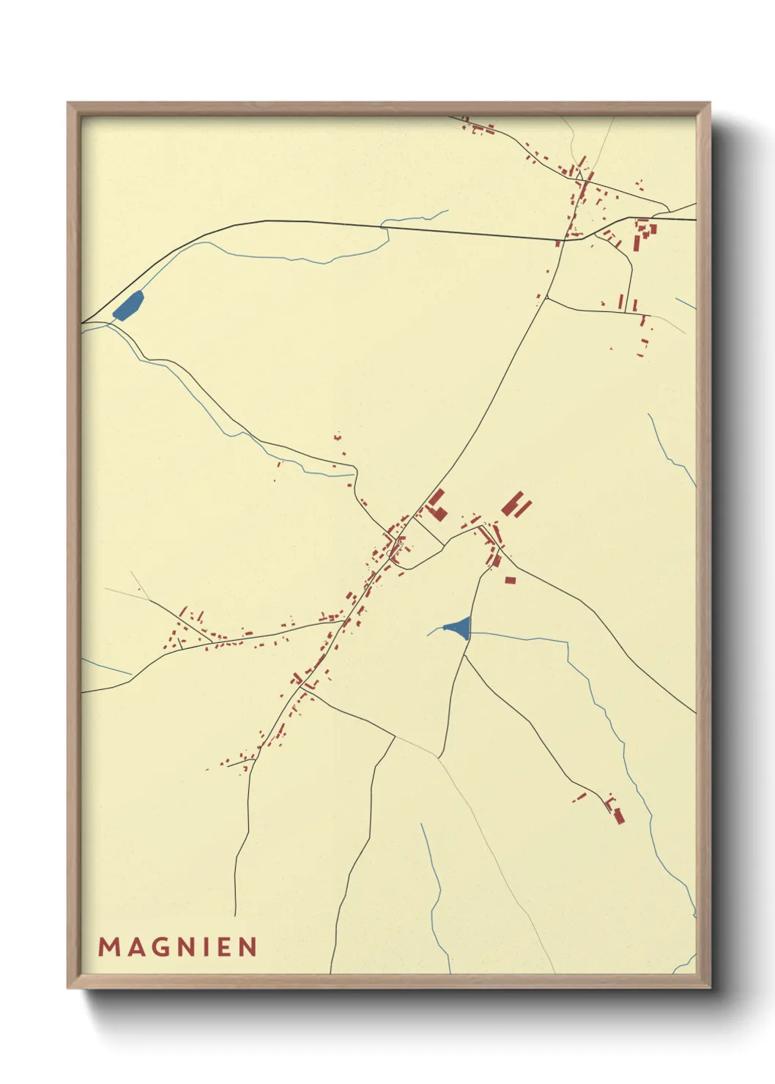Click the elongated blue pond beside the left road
(x=128, y=305)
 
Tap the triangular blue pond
(x=459, y=627)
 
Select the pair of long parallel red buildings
(x=516, y=505)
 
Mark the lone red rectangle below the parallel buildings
(x=510, y=580)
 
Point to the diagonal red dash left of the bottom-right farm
(x=579, y=797)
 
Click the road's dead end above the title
(x=235, y=915)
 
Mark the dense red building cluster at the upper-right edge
(x=644, y=233)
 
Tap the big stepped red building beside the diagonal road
(x=437, y=505)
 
